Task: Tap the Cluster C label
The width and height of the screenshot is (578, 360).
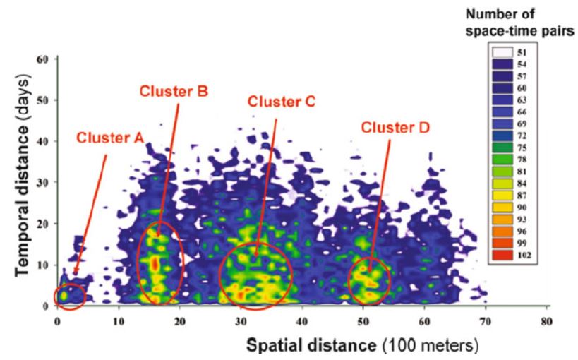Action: click(x=280, y=101)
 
